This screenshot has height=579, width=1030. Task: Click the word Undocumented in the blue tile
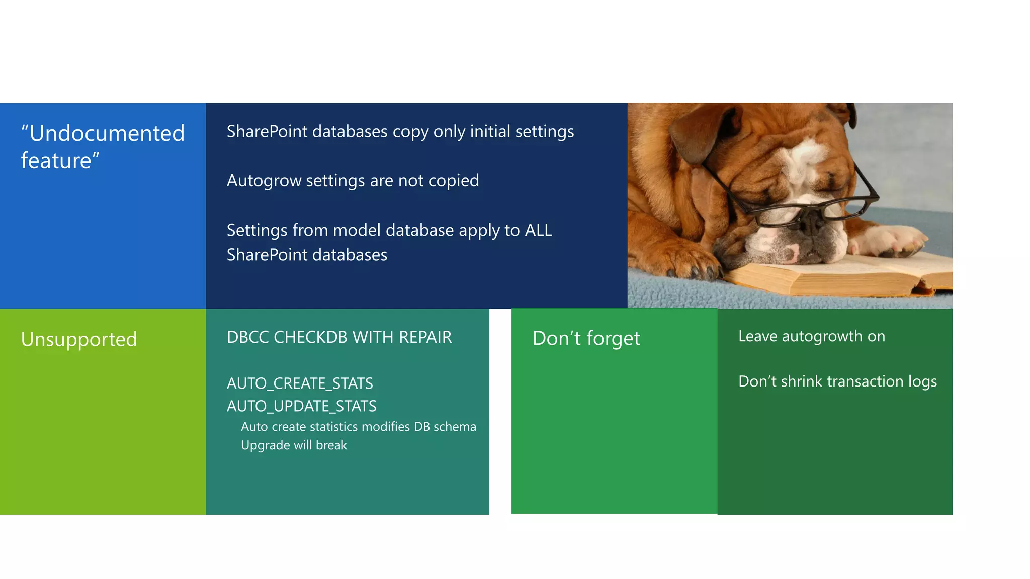[x=107, y=134]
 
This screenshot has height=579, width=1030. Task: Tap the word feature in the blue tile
[x=56, y=161]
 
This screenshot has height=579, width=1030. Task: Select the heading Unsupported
[x=79, y=340]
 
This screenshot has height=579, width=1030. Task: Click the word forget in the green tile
[x=613, y=339]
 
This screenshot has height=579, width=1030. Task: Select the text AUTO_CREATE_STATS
[x=300, y=383]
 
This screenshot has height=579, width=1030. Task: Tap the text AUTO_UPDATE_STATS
[x=301, y=406]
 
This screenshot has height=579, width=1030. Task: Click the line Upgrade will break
[x=294, y=445]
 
